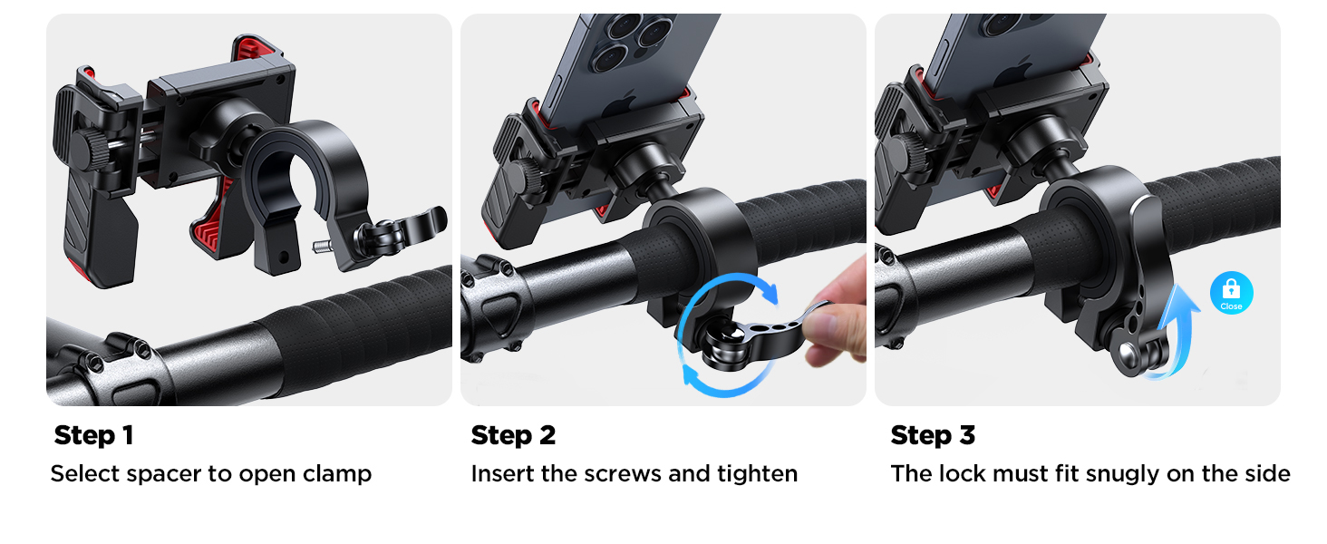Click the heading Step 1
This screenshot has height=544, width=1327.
[93, 435]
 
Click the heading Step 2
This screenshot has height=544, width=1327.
[513, 435]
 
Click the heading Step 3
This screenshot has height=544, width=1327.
[933, 435]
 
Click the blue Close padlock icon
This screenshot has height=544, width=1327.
[1231, 292]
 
